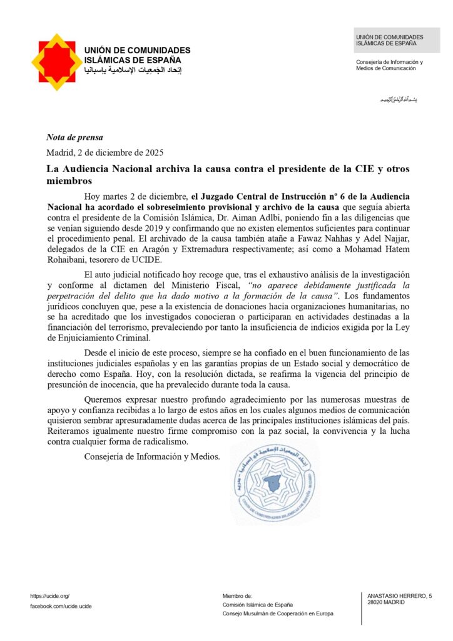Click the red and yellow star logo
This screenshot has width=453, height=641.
pyautogui.click(x=57, y=62)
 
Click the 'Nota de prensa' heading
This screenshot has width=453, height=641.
pyautogui.click(x=74, y=138)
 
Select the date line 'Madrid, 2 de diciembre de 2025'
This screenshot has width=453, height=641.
pyautogui.click(x=104, y=152)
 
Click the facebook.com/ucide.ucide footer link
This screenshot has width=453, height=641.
pyautogui.click(x=61, y=607)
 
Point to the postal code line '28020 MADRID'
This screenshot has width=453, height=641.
pyautogui.click(x=385, y=602)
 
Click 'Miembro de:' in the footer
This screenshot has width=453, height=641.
pyautogui.click(x=237, y=595)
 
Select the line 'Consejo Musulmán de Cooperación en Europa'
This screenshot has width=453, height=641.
pyautogui.click(x=278, y=614)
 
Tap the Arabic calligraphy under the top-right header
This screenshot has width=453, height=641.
pyautogui.click(x=398, y=100)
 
